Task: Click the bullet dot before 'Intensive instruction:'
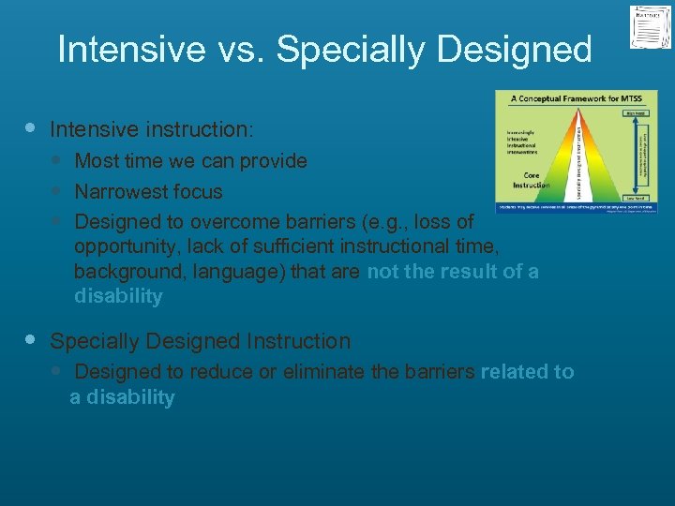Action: coord(31,126)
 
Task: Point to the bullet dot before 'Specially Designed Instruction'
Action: coord(31,340)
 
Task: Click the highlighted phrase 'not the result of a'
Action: coord(453,272)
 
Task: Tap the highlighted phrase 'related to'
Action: coord(527,372)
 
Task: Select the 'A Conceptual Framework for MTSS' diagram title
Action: coord(575,98)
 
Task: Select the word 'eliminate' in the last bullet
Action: coord(324,372)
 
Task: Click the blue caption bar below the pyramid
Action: coord(576,207)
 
